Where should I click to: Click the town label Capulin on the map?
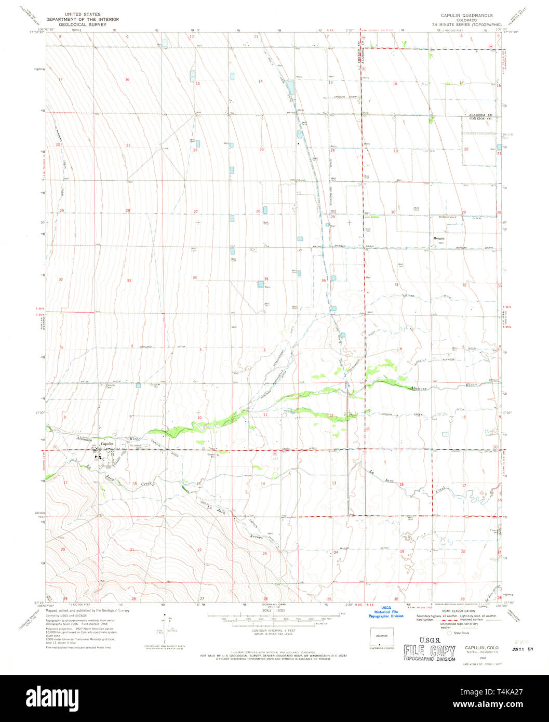point(106,444)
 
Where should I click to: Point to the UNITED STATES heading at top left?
point(82,15)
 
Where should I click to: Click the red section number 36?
point(324,280)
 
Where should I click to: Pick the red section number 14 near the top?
point(260,81)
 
